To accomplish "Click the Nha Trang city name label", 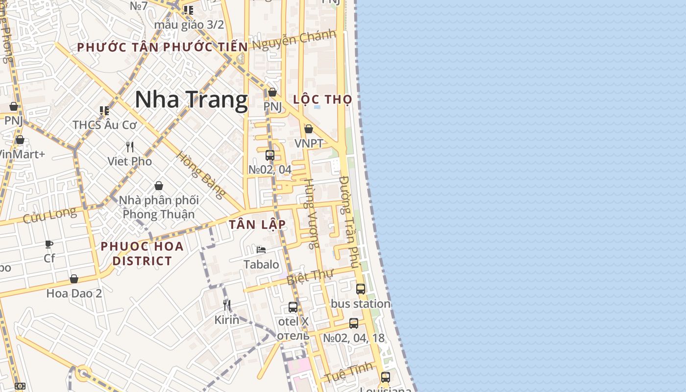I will pos(191,100).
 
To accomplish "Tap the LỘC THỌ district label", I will pos(322,99).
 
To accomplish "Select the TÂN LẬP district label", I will pos(257,224).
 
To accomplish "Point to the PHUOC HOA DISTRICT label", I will pos(142,253).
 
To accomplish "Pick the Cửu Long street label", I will pos(49,215).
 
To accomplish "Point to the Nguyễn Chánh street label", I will pos(294,39).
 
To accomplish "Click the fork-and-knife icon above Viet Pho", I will pos(130,147).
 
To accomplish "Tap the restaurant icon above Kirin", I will pos(226,305).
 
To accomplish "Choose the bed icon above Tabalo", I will pos(261,250).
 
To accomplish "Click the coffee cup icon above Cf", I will pos(49,244).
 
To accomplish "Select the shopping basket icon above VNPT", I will pos(309,129).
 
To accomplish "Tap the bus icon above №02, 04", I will pos(269,155).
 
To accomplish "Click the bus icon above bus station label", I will pos(361,289).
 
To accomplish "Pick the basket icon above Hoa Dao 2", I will pos(74,279).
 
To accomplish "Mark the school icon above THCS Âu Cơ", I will pos(104,111).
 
